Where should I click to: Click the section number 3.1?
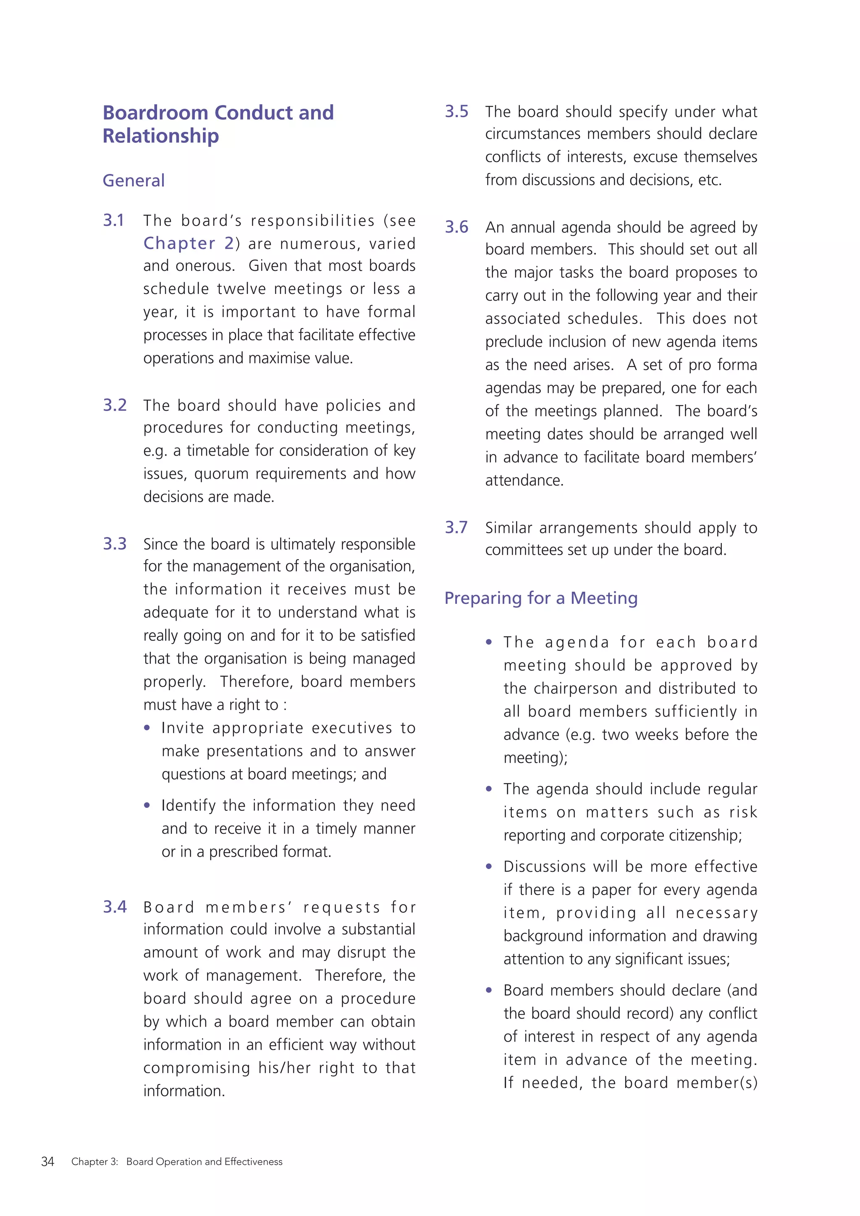coord(113,220)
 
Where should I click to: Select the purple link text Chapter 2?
coord(189,243)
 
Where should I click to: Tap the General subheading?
coord(134,181)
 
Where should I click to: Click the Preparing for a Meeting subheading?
coord(541,598)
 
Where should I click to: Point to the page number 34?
coord(47,1161)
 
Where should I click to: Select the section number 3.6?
coord(456,227)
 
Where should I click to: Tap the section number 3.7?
coord(456,527)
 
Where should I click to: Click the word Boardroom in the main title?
coord(155,113)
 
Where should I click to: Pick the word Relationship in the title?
coord(160,136)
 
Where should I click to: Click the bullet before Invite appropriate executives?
coord(147,728)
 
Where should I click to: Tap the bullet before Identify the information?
coord(147,805)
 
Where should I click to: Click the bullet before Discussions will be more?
coord(489,867)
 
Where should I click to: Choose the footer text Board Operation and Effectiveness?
coord(204,1161)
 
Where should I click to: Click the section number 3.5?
coord(456,112)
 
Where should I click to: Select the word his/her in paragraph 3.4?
coord(284,1068)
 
